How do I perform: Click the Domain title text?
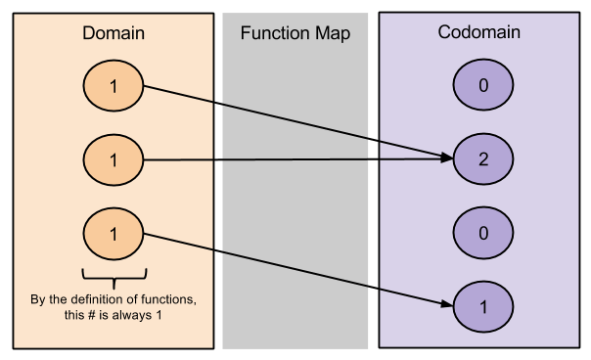coord(113,33)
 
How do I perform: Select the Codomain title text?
coord(478,32)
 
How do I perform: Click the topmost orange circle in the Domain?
coord(114,86)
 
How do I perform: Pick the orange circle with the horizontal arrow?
coord(114,158)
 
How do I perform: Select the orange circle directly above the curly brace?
coord(114,234)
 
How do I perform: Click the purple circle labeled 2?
coord(483,159)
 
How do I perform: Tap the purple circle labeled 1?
coord(483,306)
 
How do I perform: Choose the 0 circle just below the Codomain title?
coord(483,86)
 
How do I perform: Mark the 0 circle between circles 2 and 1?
coord(483,234)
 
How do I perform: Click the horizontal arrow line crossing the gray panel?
coord(294,158)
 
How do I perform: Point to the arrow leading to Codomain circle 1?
coord(294,269)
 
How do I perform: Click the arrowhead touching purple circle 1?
coord(447,303)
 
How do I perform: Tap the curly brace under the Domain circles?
coord(114,273)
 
